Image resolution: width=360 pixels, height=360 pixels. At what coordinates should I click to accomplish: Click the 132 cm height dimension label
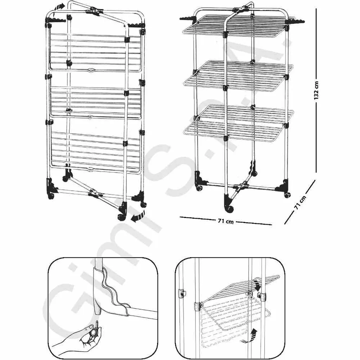(x=317, y=90)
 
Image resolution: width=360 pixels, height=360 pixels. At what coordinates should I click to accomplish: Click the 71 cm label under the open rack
(x=226, y=221)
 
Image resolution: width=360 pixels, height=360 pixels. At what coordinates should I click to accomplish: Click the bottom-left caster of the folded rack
(x=51, y=195)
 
